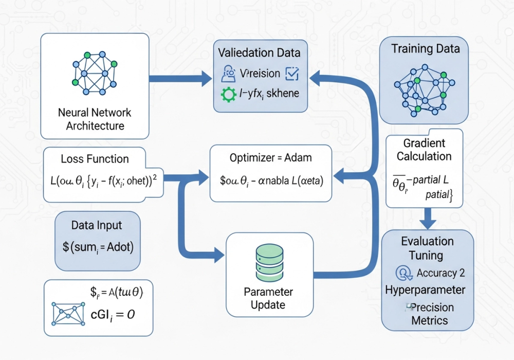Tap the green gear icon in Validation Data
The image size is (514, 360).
(x=228, y=94)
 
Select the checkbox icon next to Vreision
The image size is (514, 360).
(x=291, y=74)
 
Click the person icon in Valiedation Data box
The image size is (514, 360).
(x=228, y=74)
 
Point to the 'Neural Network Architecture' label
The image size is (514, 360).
(x=95, y=119)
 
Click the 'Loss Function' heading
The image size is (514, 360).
(x=95, y=159)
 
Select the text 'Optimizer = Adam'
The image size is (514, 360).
(x=271, y=157)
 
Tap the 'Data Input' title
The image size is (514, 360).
(x=97, y=225)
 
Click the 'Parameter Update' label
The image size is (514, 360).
(x=268, y=298)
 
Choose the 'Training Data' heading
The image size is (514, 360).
(x=426, y=49)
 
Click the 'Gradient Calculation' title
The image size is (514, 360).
(x=424, y=150)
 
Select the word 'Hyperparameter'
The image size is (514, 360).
(x=426, y=290)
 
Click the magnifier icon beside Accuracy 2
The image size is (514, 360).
(x=403, y=273)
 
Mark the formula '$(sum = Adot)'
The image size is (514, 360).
(x=98, y=247)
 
